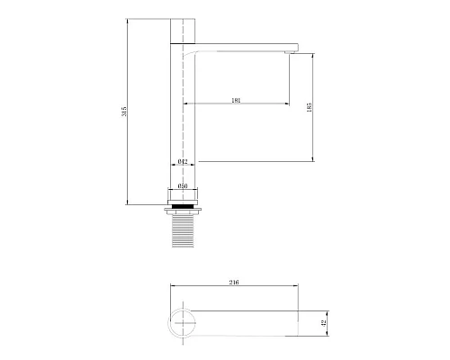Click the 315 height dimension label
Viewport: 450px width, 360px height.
(125, 111)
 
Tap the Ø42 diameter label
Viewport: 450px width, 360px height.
(183, 162)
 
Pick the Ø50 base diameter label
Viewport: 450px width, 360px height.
(183, 186)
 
